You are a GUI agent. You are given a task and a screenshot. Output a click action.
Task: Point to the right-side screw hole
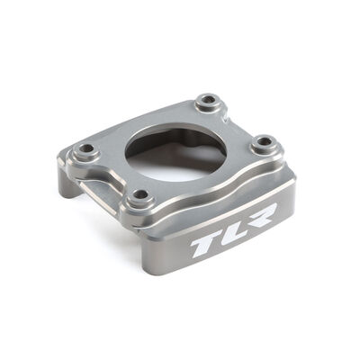click(x=263, y=142)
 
